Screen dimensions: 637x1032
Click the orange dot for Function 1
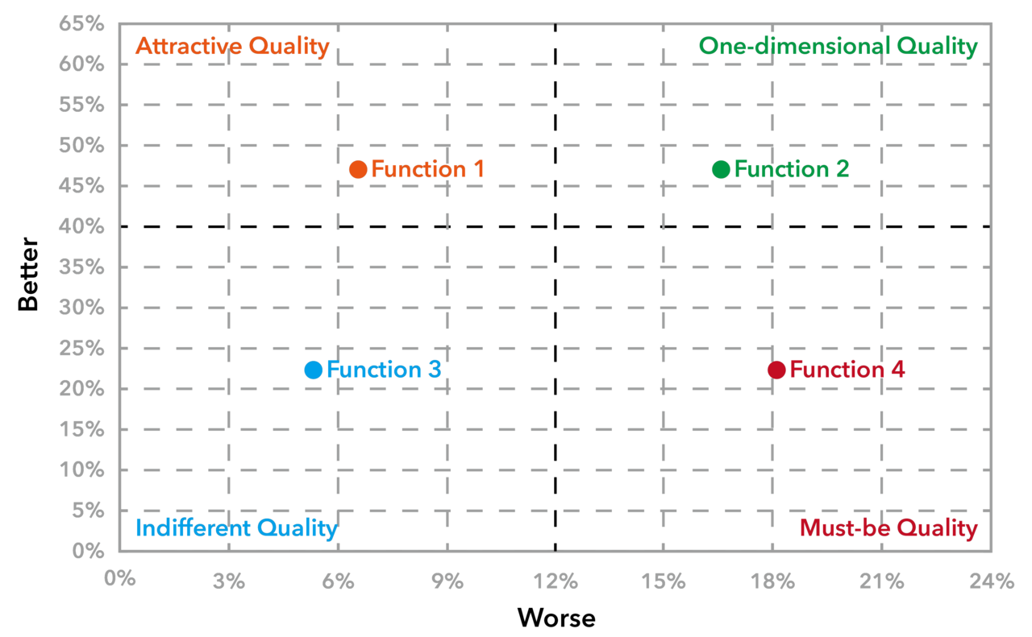click(x=358, y=169)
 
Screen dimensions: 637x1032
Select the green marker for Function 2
click(x=721, y=169)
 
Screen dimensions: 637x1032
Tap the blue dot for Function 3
click(x=313, y=370)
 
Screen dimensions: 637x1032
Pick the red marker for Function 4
click(x=776, y=370)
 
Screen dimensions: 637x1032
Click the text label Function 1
click(x=428, y=169)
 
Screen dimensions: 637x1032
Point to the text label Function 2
click(x=792, y=169)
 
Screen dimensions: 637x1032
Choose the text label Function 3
click(x=384, y=370)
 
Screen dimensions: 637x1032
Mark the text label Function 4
click(x=847, y=370)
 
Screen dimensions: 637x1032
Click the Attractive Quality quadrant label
click(x=232, y=47)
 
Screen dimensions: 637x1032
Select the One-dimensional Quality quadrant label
click(x=838, y=47)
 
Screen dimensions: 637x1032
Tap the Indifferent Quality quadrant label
click(x=235, y=528)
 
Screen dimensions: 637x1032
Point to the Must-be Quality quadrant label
click(x=888, y=528)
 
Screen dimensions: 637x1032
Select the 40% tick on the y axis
click(x=81, y=227)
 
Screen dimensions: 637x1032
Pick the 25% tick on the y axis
click(x=81, y=349)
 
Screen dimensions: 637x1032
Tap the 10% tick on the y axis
click(x=81, y=470)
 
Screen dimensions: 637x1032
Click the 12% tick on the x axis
click(x=556, y=581)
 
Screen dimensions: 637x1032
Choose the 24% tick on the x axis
click(x=992, y=581)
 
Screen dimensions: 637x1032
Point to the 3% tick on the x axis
click(x=229, y=581)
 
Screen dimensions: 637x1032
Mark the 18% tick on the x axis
click(x=773, y=581)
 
